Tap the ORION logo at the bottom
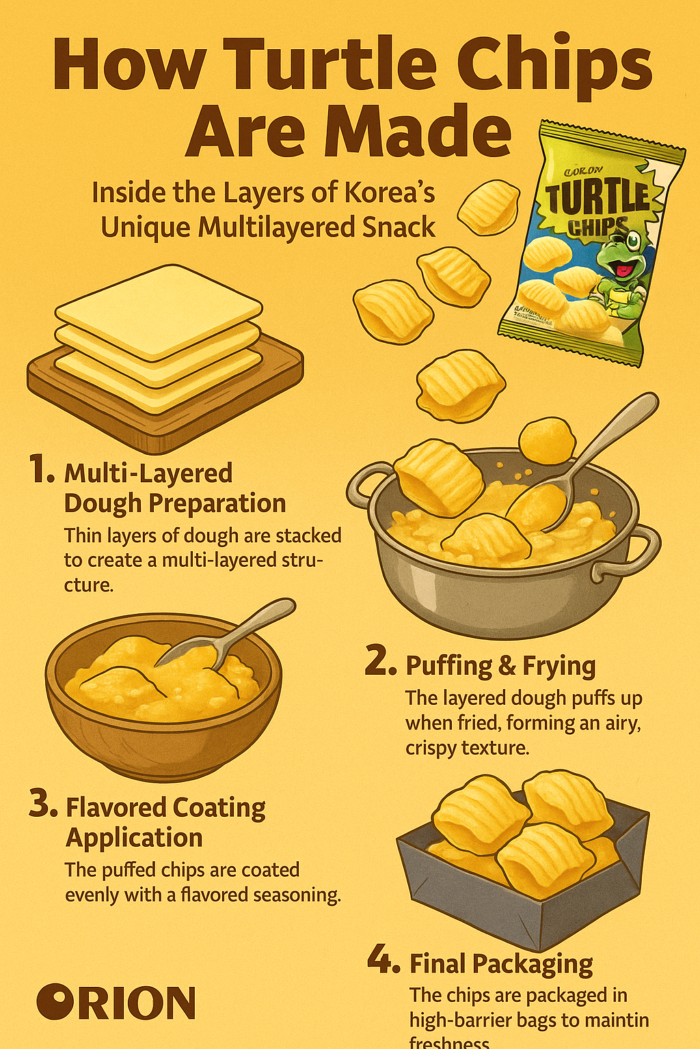[x=116, y=1003]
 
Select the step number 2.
[x=380, y=662]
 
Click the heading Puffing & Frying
[x=500, y=666]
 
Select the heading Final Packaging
[x=501, y=964]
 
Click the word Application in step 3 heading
[x=134, y=838]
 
